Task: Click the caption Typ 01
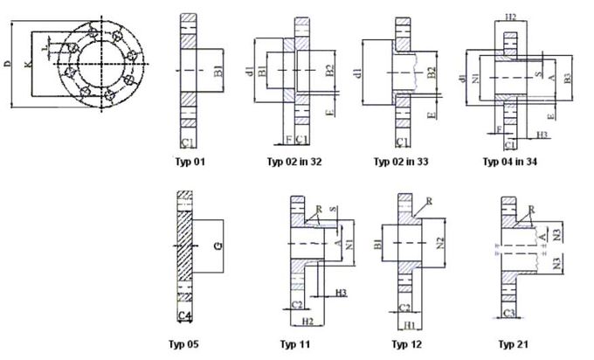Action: tap(190, 162)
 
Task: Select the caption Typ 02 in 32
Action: tap(294, 162)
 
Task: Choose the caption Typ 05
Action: tap(185, 343)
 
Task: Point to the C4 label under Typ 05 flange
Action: tap(184, 315)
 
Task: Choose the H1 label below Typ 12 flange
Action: tap(408, 324)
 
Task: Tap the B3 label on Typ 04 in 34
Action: tap(567, 79)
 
